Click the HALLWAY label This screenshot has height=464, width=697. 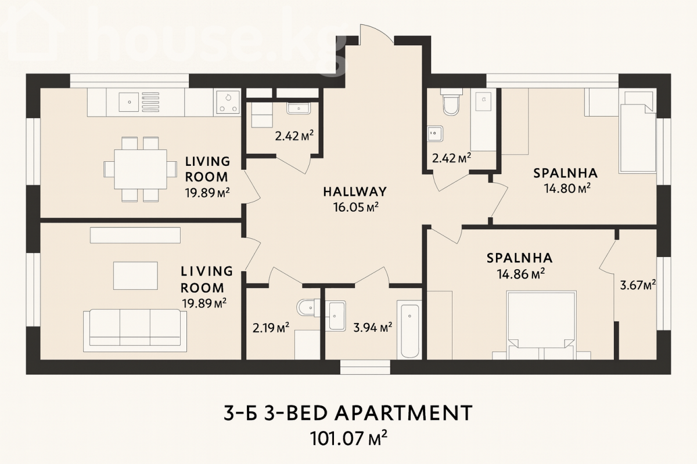[355, 192]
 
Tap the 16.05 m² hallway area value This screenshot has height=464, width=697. [356, 207]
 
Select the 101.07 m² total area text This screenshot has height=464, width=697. [348, 438]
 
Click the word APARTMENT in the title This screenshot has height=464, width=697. [404, 413]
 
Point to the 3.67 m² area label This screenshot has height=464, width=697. [638, 285]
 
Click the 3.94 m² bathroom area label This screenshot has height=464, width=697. [372, 328]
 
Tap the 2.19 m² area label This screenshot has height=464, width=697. [271, 328]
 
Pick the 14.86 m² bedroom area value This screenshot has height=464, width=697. [520, 274]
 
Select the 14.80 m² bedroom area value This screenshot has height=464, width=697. [567, 188]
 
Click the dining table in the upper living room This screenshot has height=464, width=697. [141, 169]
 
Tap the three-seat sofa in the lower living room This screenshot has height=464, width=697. [135, 331]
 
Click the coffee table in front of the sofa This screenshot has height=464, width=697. [135, 275]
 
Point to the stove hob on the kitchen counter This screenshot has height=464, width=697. [228, 102]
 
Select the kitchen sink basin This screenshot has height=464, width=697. [128, 102]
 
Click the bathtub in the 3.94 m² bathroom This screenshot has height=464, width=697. [409, 331]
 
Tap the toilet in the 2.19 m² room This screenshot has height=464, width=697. [308, 307]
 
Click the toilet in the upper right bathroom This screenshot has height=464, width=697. [451, 102]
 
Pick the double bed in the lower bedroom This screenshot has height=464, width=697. [541, 325]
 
